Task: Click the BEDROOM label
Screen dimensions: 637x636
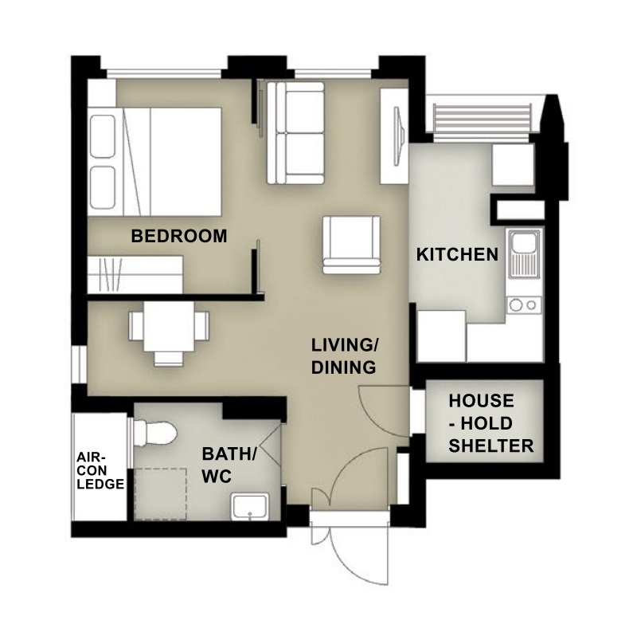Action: click(x=178, y=236)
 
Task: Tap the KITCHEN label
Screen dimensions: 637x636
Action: click(x=457, y=254)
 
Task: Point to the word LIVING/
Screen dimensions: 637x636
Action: click(x=345, y=345)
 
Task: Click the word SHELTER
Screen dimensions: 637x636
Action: click(x=490, y=446)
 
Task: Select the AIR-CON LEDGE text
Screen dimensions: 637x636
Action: click(x=100, y=470)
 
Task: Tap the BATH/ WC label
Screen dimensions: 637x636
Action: click(x=229, y=465)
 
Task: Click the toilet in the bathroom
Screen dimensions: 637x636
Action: click(x=154, y=434)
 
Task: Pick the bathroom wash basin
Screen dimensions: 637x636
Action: click(x=250, y=506)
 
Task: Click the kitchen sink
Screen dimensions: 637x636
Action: click(x=524, y=253)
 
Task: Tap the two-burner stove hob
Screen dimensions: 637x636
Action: click(x=524, y=305)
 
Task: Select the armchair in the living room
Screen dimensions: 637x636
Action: click(x=352, y=245)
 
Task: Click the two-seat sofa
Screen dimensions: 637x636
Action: click(x=295, y=133)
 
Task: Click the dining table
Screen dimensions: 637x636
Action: click(x=169, y=327)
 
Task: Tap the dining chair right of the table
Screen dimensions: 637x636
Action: click(x=202, y=326)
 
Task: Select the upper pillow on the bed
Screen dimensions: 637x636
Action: click(x=103, y=136)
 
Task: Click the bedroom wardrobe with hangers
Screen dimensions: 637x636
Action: click(x=135, y=274)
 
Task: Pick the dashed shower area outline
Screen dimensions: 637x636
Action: click(x=160, y=494)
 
